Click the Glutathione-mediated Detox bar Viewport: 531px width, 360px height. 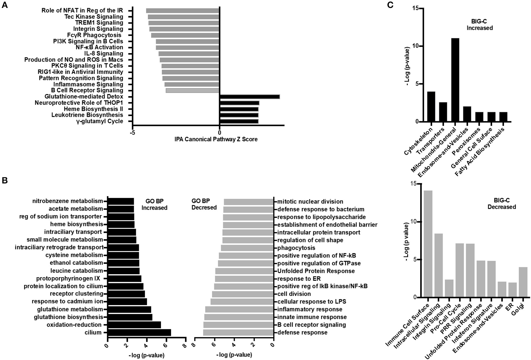tap(249, 97)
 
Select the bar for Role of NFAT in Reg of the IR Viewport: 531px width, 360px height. tap(182, 11)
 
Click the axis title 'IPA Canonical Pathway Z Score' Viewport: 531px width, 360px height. tap(216, 139)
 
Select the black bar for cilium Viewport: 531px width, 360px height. tap(139, 332)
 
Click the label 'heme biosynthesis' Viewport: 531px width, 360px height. tap(76, 224)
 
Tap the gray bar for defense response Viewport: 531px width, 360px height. tap(238, 332)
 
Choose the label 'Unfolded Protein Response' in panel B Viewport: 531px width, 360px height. tap(316, 271)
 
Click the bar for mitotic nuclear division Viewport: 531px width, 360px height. tap(248, 202)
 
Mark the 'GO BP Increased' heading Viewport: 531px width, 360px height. tap(154, 204)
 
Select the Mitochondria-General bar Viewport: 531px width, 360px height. tap(455, 80)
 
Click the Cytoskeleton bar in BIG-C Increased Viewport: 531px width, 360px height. tap(431, 107)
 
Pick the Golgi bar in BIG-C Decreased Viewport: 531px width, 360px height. tap(523, 282)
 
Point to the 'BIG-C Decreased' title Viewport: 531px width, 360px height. tap(501, 204)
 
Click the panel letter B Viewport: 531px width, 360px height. tap(4, 181)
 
